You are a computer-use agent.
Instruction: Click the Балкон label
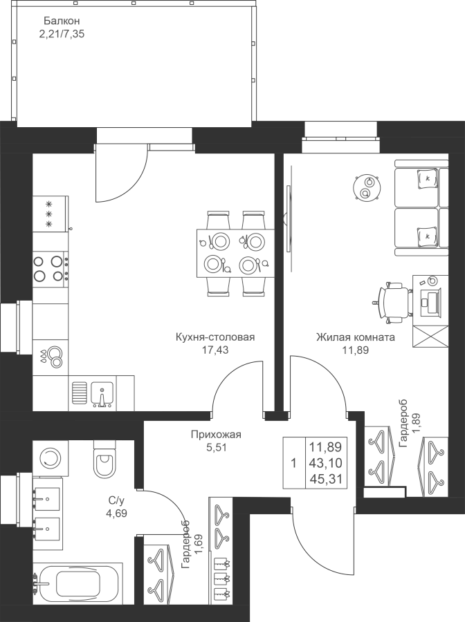62,21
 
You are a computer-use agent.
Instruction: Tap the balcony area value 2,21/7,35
62,34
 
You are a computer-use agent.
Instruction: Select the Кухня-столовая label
215,337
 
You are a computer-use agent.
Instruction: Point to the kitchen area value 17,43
215,350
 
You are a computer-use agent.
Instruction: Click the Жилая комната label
356,337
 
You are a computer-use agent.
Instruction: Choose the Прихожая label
216,435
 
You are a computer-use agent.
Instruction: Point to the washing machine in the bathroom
48,457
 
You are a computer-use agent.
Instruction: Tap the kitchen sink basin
102,394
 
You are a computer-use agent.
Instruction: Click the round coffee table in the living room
367,187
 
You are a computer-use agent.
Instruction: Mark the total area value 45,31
326,479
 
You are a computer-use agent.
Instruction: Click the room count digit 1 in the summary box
294,463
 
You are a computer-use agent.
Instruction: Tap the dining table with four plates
236,254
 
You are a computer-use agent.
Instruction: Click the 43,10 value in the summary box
326,463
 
